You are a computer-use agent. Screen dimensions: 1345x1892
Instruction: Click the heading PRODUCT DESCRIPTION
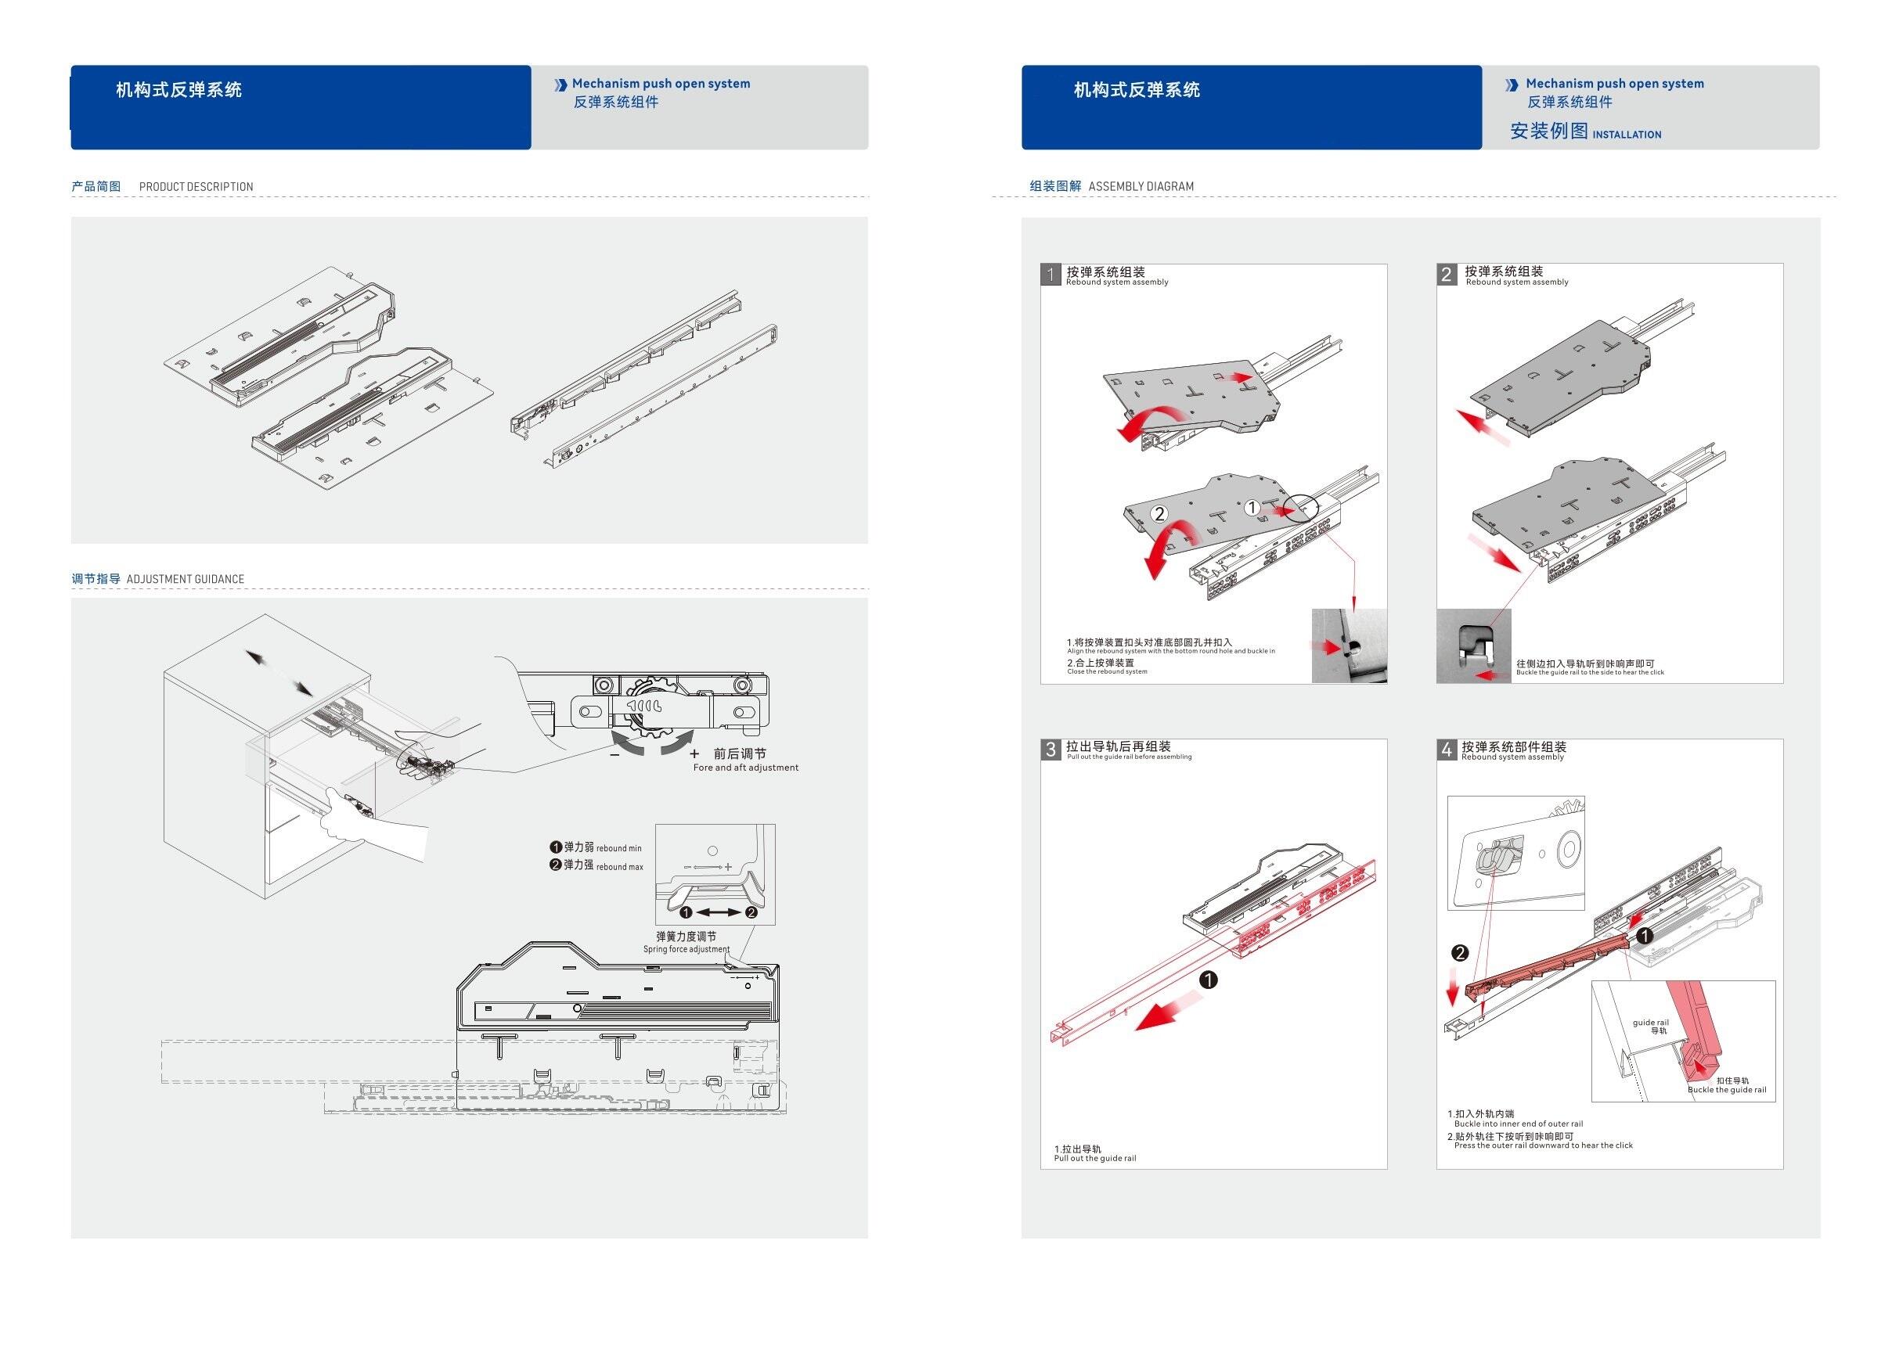coord(196,187)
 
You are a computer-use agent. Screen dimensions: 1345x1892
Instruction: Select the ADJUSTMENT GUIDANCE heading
coord(185,580)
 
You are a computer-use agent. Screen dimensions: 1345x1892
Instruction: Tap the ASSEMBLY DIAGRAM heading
coord(1141,187)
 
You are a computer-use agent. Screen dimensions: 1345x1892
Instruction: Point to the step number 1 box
coord(1051,275)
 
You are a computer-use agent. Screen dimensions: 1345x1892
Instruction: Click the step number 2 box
coord(1447,275)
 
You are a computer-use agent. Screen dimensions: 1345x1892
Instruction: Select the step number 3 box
coord(1051,750)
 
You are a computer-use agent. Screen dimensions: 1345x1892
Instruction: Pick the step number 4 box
coord(1447,750)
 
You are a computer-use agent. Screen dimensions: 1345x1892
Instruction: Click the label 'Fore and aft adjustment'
coord(745,768)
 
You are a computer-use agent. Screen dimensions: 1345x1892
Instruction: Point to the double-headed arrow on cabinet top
coord(279,674)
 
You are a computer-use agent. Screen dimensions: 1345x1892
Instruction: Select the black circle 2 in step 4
coord(1460,953)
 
